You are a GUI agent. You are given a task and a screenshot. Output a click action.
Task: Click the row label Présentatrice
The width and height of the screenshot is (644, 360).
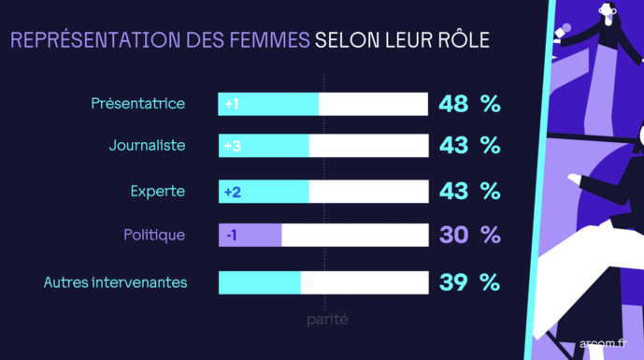[x=137, y=103]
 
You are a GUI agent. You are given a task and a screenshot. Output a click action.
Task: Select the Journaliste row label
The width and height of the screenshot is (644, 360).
[x=147, y=146]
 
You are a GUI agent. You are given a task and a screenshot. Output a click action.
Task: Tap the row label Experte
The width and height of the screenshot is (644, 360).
[x=158, y=191]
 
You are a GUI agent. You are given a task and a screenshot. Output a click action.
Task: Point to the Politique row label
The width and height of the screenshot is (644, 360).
[x=154, y=235]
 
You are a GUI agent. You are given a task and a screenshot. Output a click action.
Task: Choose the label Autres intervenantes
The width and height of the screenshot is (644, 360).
[x=116, y=281]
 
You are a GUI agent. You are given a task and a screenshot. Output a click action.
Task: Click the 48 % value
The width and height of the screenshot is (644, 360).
[x=469, y=104]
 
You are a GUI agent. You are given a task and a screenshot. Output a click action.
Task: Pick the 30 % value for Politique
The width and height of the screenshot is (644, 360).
[x=469, y=235]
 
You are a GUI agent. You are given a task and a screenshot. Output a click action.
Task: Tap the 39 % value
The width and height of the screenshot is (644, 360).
[x=469, y=281]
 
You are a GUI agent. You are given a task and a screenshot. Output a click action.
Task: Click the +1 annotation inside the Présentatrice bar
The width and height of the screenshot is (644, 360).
[x=232, y=104]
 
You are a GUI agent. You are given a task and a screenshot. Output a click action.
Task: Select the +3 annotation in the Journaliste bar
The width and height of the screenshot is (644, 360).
[x=233, y=147]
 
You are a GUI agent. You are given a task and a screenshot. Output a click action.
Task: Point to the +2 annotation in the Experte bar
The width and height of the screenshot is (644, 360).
[x=233, y=191]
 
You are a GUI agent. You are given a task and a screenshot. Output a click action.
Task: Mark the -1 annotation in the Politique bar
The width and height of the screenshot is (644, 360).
[x=231, y=235]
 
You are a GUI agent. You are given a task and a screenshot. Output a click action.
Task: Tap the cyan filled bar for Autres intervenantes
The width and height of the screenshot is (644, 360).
[x=259, y=281]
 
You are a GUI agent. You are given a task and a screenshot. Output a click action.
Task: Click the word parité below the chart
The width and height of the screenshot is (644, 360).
[x=327, y=320]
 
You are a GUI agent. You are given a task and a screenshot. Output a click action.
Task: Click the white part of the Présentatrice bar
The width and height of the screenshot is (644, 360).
[x=373, y=104]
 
